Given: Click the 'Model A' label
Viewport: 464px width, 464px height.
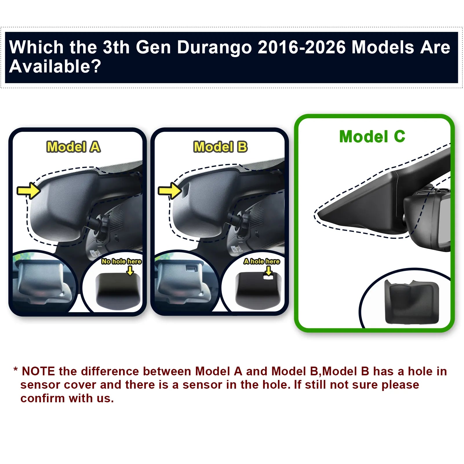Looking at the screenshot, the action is (x=74, y=147).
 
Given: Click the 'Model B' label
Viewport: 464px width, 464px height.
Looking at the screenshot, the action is (x=221, y=147).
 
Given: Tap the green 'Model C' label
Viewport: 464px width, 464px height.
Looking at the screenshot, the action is (x=372, y=137).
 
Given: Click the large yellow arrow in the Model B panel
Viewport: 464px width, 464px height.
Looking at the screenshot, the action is (x=170, y=190).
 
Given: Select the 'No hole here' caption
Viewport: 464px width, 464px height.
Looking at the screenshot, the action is (x=121, y=261).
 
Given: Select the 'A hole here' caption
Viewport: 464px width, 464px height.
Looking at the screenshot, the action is (x=262, y=261).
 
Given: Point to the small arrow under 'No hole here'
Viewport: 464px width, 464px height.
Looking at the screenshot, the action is (x=130, y=271).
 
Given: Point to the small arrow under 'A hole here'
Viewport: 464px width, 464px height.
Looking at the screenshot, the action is (x=269, y=271).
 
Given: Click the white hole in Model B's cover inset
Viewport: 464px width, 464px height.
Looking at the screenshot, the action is (x=268, y=277).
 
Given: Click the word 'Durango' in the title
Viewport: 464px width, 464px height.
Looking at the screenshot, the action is (x=214, y=47).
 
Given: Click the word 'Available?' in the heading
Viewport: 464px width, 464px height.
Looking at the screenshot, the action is (x=55, y=66).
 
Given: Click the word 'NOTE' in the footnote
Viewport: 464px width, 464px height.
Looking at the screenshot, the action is (x=38, y=371).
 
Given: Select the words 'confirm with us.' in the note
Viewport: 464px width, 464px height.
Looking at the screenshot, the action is (x=67, y=398).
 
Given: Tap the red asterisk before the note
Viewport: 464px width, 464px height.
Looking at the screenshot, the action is (x=16, y=370).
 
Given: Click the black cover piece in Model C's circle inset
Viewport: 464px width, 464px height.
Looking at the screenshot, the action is (x=412, y=302).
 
